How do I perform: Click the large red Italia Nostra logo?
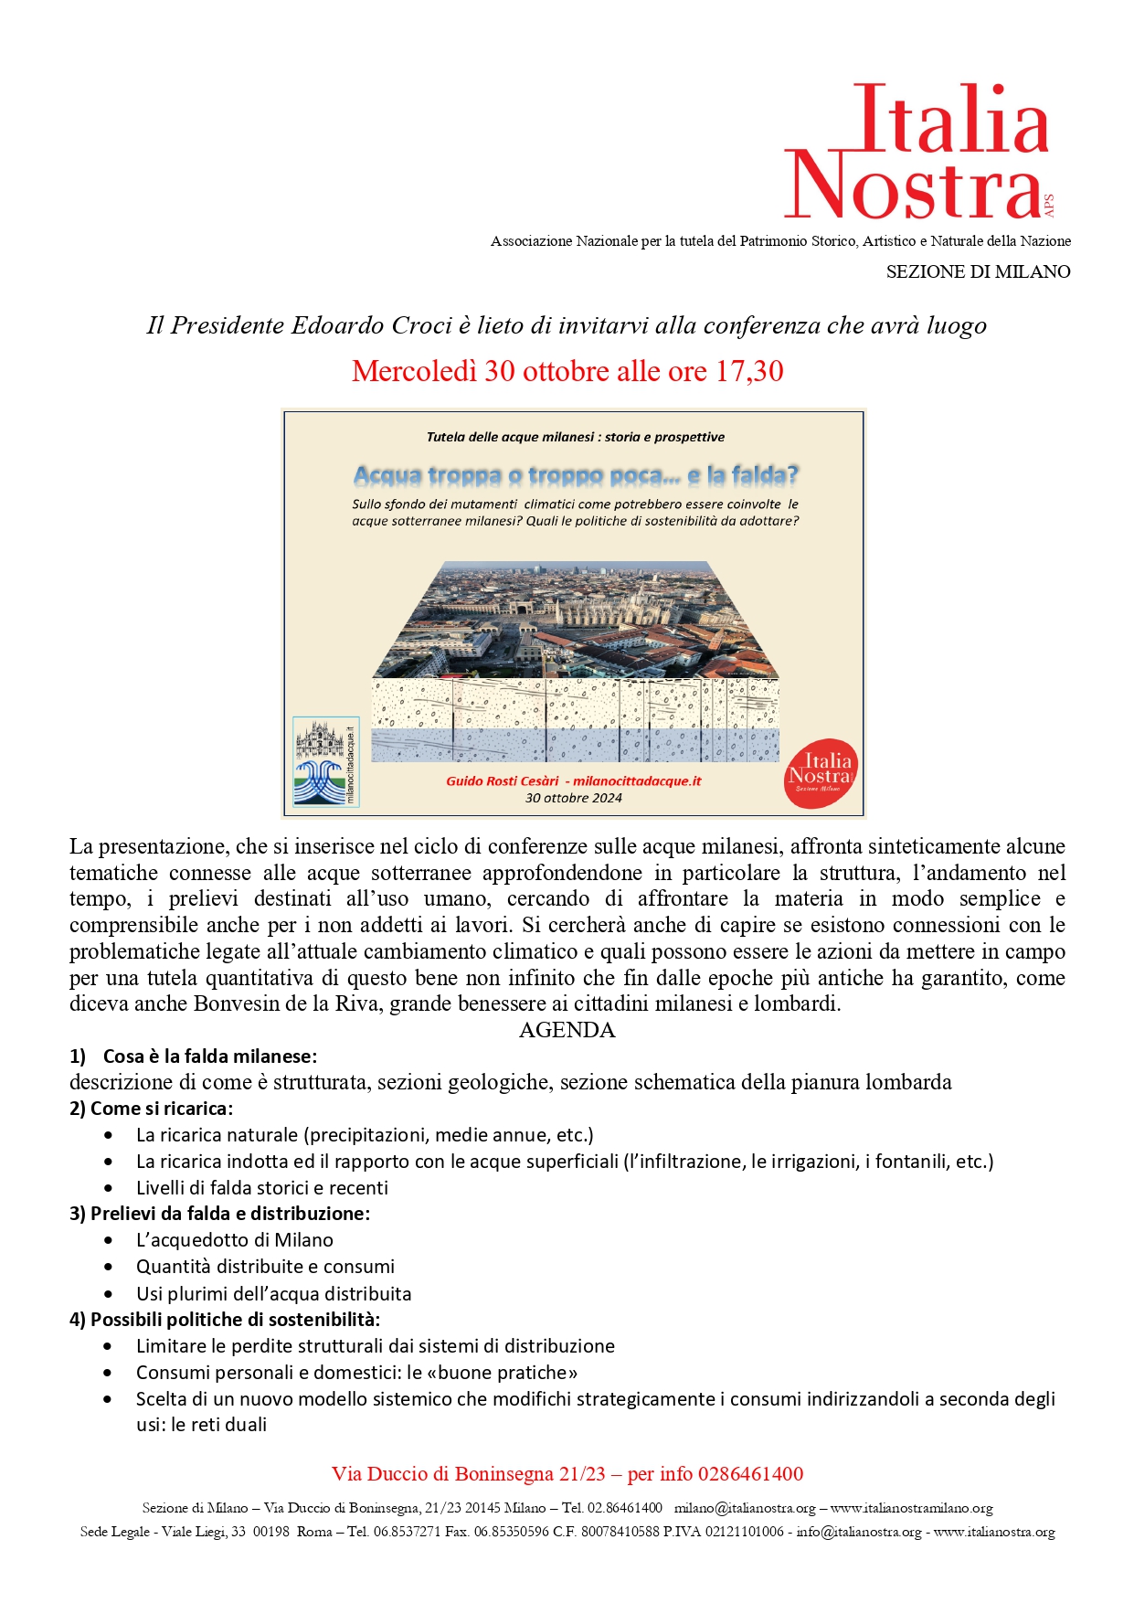click(917, 152)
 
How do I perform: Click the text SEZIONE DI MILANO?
click(978, 271)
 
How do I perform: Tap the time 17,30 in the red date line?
click(749, 371)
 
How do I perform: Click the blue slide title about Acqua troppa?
click(576, 475)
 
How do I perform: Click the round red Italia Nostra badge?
click(821, 773)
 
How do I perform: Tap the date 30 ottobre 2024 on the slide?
click(574, 798)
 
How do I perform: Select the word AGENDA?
click(567, 1030)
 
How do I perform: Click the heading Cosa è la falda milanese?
click(209, 1056)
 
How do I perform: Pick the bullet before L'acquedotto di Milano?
click(109, 1240)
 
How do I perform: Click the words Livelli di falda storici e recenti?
click(262, 1187)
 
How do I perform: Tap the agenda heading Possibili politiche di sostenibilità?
click(235, 1319)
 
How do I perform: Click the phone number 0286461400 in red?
click(750, 1474)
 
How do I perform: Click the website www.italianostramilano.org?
click(911, 1508)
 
